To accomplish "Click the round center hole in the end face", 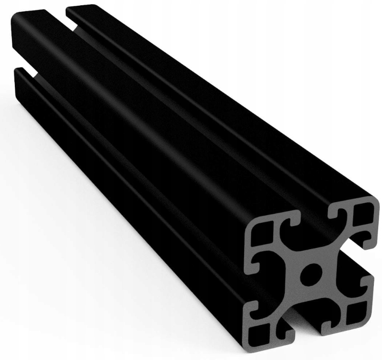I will click(x=311, y=275).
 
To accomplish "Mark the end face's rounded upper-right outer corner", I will click(x=374, y=204).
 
